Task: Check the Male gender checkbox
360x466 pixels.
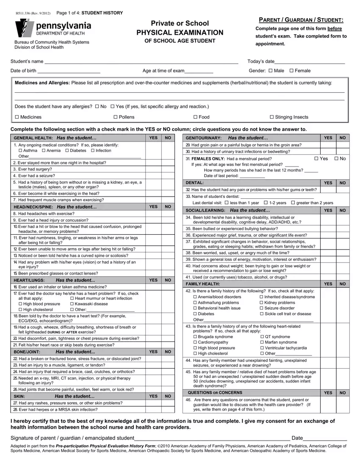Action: [x=271, y=71]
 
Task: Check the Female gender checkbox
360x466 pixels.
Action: [x=291, y=71]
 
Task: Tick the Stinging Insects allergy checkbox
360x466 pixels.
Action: [x=272, y=117]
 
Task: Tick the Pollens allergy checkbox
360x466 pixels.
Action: [x=115, y=117]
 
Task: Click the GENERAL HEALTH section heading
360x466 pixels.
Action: [x=33, y=138]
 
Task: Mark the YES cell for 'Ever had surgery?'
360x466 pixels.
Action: [x=153, y=169]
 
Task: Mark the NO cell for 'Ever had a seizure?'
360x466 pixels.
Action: [x=168, y=175]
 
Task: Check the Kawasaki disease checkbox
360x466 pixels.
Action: [x=72, y=304]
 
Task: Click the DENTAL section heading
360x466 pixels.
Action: [x=195, y=183]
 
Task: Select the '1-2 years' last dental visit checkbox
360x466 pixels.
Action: [x=266, y=203]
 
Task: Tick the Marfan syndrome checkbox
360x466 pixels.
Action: [x=261, y=342]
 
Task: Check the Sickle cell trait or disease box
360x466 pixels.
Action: [x=261, y=314]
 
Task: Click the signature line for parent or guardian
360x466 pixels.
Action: [x=212, y=438]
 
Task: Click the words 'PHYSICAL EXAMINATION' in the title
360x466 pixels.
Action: [x=180, y=33]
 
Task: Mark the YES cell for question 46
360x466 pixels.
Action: [x=327, y=404]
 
